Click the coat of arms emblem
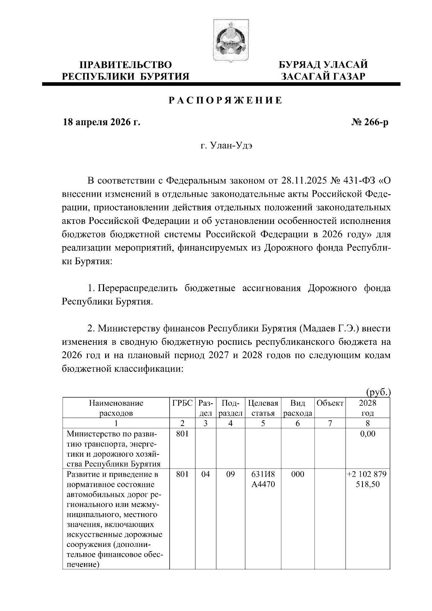click(x=226, y=40)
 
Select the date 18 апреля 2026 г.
click(x=101, y=123)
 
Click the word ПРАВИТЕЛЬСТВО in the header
click(x=126, y=65)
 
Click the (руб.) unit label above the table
click(x=378, y=392)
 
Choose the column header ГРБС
click(x=183, y=403)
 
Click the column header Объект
click(x=330, y=403)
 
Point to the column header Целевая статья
click(x=263, y=408)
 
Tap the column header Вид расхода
click(x=297, y=408)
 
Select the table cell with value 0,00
click(x=368, y=434)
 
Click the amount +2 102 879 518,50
click(x=368, y=479)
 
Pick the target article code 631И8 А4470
click(x=263, y=479)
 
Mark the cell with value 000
click(x=297, y=475)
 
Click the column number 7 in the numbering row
click(x=330, y=423)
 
